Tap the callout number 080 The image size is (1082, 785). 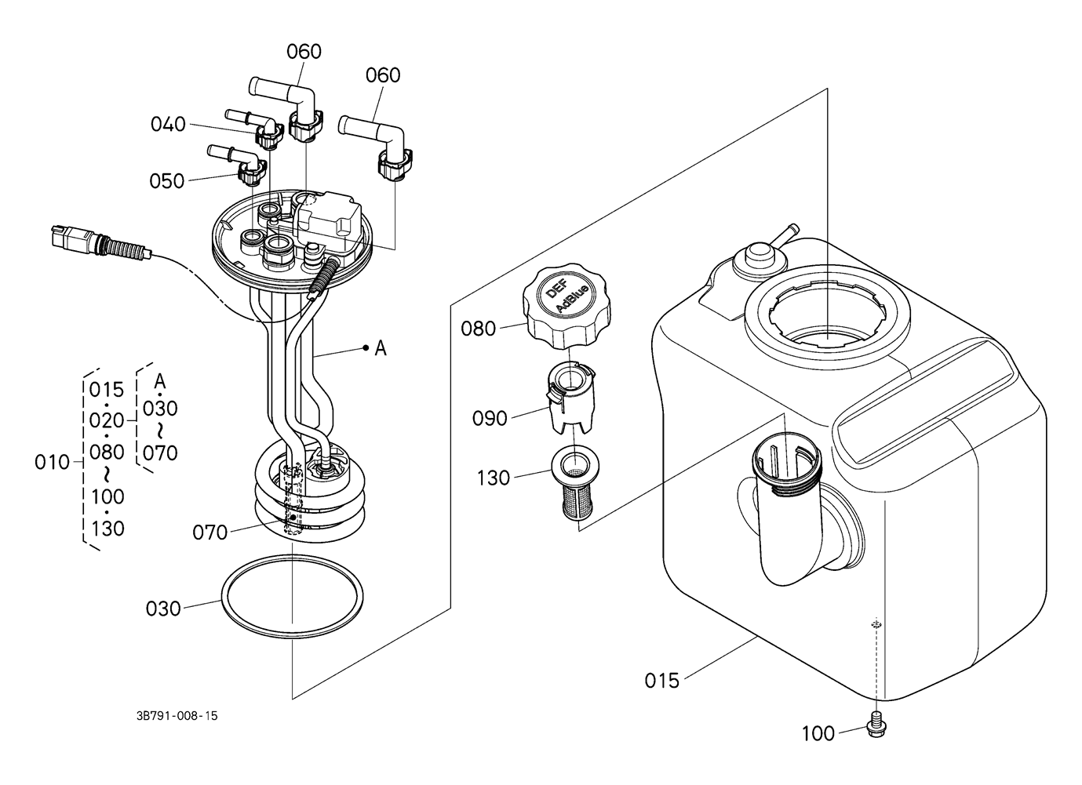coord(479,329)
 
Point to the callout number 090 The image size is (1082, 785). coord(490,418)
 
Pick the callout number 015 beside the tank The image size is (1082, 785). coord(662,680)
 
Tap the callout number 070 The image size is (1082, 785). coord(210,532)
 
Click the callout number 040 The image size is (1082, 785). coord(169,124)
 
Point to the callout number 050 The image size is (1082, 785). coord(167,181)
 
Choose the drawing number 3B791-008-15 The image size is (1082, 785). coord(177,716)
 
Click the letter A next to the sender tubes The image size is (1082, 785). coord(381,348)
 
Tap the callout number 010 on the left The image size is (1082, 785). coord(53,463)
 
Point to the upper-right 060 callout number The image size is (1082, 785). coord(383,75)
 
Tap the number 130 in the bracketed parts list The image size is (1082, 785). coord(107,529)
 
